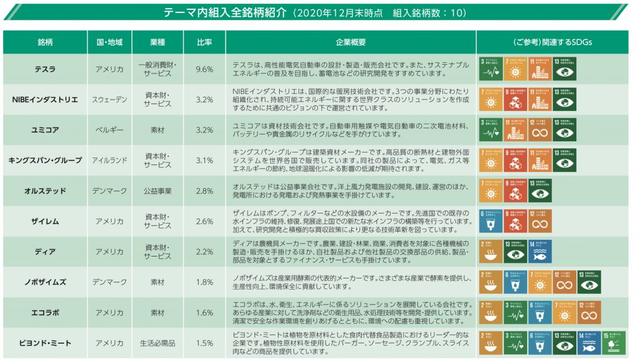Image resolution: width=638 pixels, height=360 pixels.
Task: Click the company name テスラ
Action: coord(45,69)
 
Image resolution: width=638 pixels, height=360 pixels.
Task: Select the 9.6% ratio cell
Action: coord(204,69)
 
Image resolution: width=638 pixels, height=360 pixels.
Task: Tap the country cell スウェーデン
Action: coord(109,100)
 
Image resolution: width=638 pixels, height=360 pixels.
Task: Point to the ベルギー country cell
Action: coord(109,130)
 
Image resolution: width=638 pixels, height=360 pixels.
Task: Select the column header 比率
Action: coord(204,42)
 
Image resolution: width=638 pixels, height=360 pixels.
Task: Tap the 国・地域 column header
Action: coord(109,42)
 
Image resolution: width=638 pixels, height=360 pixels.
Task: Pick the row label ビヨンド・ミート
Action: coord(45,343)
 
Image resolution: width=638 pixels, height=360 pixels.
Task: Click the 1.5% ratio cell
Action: coord(204,343)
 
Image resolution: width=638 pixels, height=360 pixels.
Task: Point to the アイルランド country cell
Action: coord(109,161)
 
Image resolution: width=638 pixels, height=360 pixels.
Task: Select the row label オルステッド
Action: coord(45,191)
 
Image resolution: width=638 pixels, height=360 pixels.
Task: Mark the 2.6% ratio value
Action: coord(204,222)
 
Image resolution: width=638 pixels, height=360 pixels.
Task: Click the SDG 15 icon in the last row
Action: coord(614,343)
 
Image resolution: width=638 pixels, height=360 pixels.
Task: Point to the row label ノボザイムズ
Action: coord(45,282)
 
